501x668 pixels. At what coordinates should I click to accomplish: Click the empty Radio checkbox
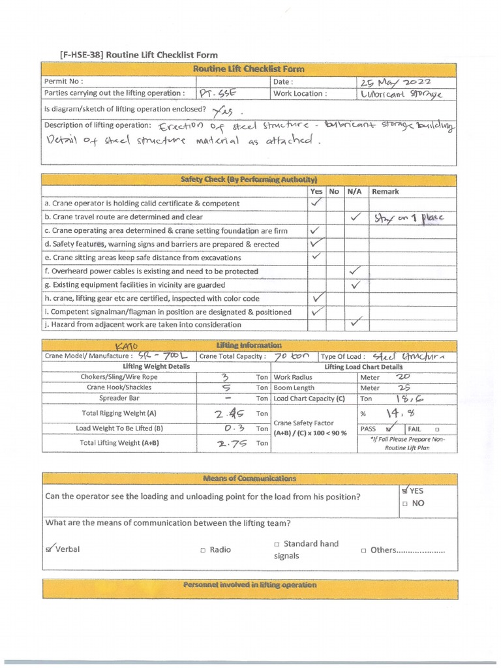point(203,550)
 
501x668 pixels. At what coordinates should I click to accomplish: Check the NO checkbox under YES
point(405,504)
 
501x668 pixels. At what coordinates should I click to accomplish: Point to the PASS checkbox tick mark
point(391,429)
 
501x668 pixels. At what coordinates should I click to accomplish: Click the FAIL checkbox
point(437,429)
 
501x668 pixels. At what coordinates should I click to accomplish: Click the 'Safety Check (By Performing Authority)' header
point(249,179)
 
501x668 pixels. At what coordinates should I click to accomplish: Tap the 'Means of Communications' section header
point(249,478)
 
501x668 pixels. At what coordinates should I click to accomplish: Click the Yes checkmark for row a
point(316,204)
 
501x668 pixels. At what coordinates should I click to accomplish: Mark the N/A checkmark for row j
point(355,322)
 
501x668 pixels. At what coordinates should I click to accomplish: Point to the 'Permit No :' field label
point(63,82)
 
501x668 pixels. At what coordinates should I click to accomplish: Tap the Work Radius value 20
point(404,376)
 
